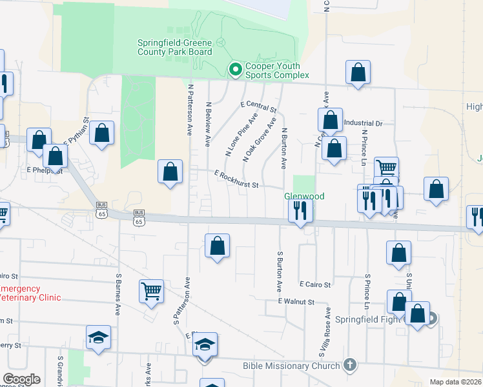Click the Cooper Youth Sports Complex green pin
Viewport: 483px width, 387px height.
tap(235, 68)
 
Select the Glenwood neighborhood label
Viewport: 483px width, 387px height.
tap(304, 196)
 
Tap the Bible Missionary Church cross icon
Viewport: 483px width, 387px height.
tap(350, 365)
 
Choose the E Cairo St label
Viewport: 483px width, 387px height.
tap(314, 284)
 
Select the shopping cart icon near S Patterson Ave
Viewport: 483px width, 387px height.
tap(151, 291)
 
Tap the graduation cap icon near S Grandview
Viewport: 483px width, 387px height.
tap(98, 337)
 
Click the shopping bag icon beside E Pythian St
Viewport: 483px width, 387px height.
tap(102, 133)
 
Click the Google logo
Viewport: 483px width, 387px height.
tap(21, 379)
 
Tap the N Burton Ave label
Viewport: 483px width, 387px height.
tap(283, 148)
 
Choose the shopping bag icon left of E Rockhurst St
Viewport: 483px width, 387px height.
tap(170, 172)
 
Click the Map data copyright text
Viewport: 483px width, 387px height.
tap(456, 382)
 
